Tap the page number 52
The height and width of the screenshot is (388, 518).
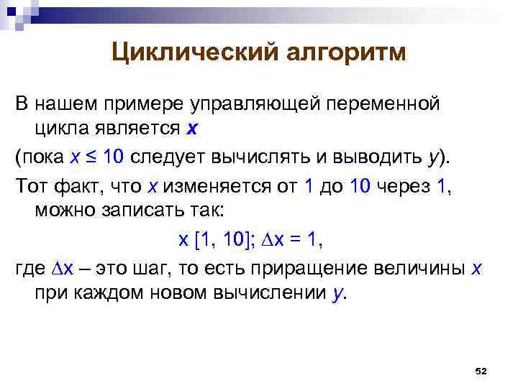click(x=482, y=371)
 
